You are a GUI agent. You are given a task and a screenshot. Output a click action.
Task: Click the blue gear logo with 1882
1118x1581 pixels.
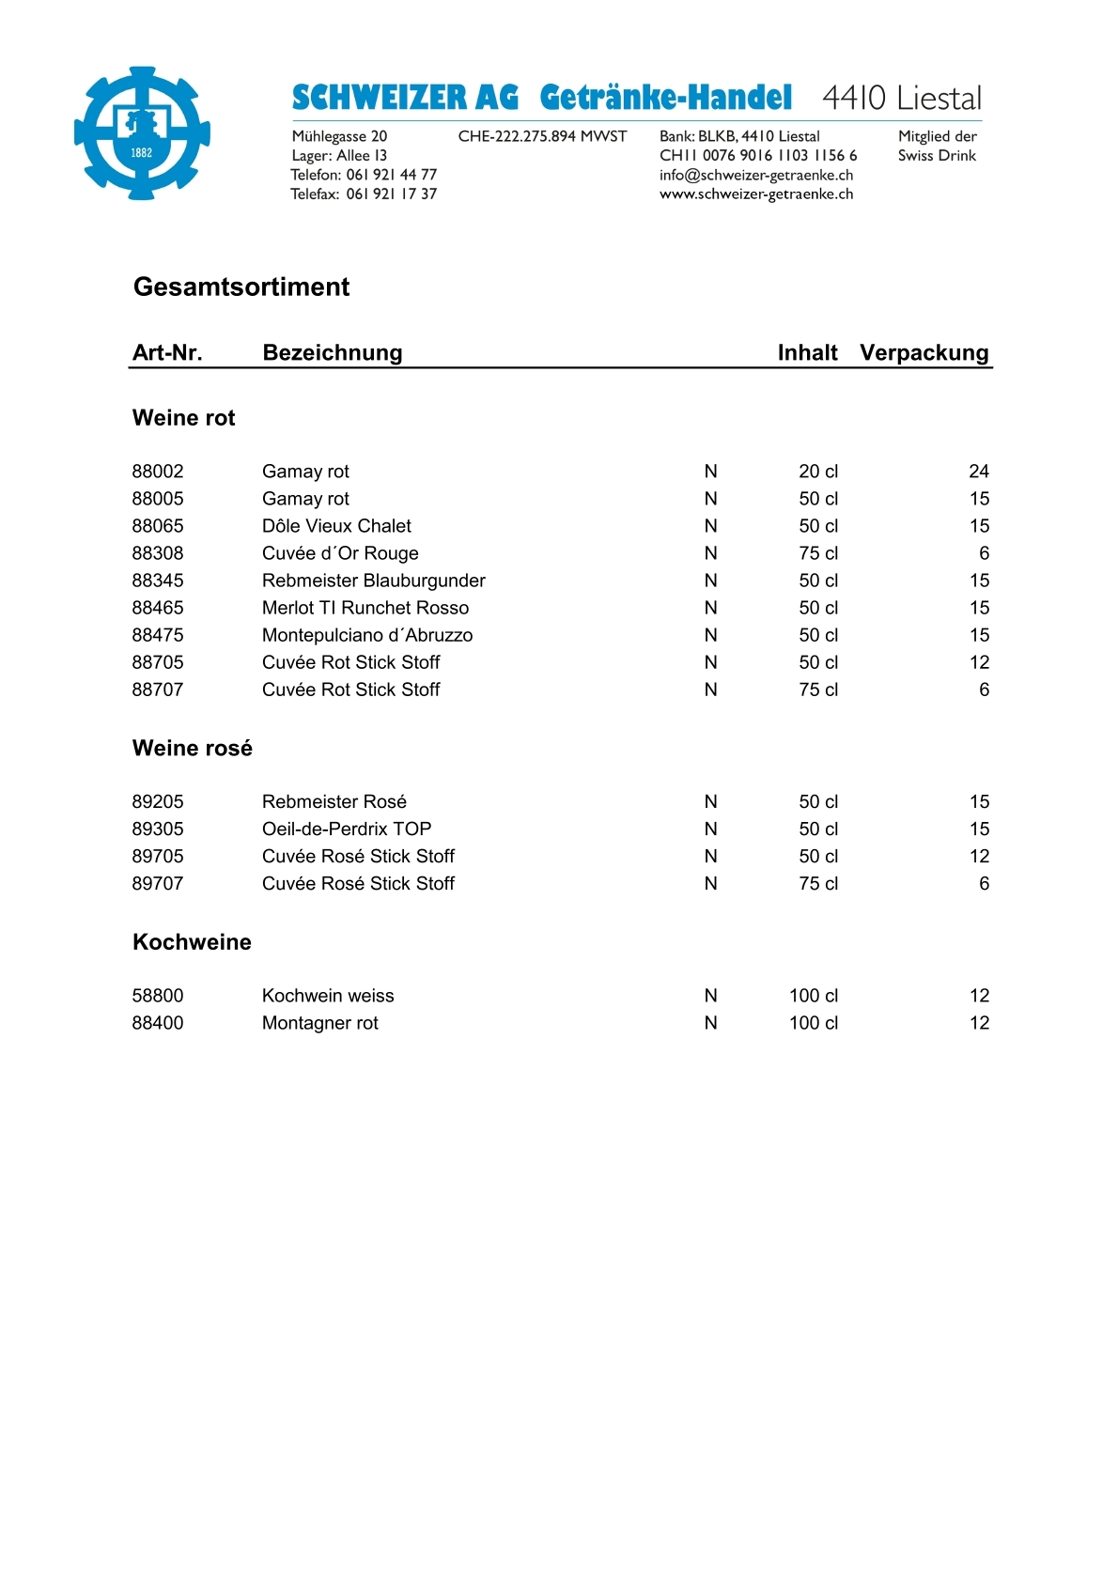(142, 132)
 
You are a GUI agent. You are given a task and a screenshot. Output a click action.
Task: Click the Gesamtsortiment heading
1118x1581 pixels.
(241, 287)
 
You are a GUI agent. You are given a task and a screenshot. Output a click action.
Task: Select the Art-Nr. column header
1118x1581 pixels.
(167, 352)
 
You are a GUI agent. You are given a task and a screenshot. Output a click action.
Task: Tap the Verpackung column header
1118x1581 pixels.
(924, 352)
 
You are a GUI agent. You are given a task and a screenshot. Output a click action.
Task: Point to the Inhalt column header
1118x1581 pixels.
(807, 352)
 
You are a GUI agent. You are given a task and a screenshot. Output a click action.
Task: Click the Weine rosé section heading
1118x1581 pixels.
(193, 748)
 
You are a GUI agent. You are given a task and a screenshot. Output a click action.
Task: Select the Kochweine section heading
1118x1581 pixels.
(192, 942)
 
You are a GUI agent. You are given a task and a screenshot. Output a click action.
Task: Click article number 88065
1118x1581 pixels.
(158, 526)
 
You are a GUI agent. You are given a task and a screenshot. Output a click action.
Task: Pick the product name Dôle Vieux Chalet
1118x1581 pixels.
(336, 526)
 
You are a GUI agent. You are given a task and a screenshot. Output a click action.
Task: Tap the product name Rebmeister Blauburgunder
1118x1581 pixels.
(374, 581)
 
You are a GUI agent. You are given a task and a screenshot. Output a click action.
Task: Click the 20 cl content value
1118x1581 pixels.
(818, 472)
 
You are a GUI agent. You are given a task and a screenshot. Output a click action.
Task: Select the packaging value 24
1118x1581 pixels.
(979, 472)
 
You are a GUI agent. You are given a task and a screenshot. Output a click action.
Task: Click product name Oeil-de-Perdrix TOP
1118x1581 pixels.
(347, 829)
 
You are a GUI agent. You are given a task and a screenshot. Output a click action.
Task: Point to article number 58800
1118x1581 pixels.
(158, 996)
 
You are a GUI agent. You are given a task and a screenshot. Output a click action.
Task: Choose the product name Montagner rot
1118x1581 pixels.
(320, 1023)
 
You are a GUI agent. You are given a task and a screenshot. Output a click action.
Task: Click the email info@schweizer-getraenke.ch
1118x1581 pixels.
(756, 175)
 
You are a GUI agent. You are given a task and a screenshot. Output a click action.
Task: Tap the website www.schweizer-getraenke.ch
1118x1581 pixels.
(756, 194)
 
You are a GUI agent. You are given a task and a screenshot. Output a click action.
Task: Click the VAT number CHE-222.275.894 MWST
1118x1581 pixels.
(542, 136)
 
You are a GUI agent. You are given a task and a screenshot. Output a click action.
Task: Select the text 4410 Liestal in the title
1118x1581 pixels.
(902, 98)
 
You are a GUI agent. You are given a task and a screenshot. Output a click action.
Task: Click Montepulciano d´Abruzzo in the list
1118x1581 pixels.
(367, 635)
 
